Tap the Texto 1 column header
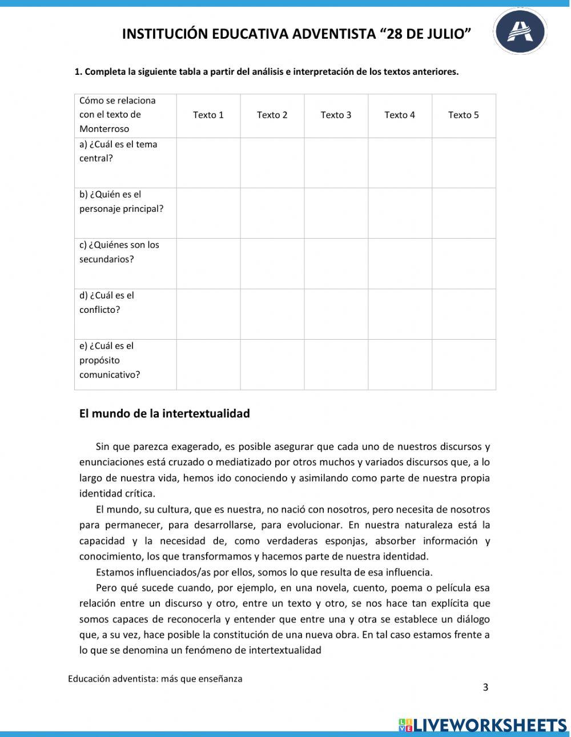click(x=208, y=115)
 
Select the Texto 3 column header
click(x=336, y=115)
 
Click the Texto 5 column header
click(x=463, y=115)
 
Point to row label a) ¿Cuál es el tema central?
click(x=118, y=151)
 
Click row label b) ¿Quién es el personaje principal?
click(x=121, y=202)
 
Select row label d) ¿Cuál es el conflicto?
click(x=107, y=303)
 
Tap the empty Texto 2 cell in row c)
click(x=272, y=263)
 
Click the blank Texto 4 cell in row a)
click(x=400, y=163)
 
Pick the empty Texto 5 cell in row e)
click(x=463, y=365)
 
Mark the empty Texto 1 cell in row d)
click(x=208, y=314)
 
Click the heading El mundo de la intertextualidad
click(x=164, y=413)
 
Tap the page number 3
click(x=485, y=687)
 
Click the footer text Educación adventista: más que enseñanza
click(x=155, y=679)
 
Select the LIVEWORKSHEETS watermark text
click(x=489, y=724)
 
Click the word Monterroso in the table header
click(x=104, y=129)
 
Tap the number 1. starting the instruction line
click(x=79, y=72)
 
